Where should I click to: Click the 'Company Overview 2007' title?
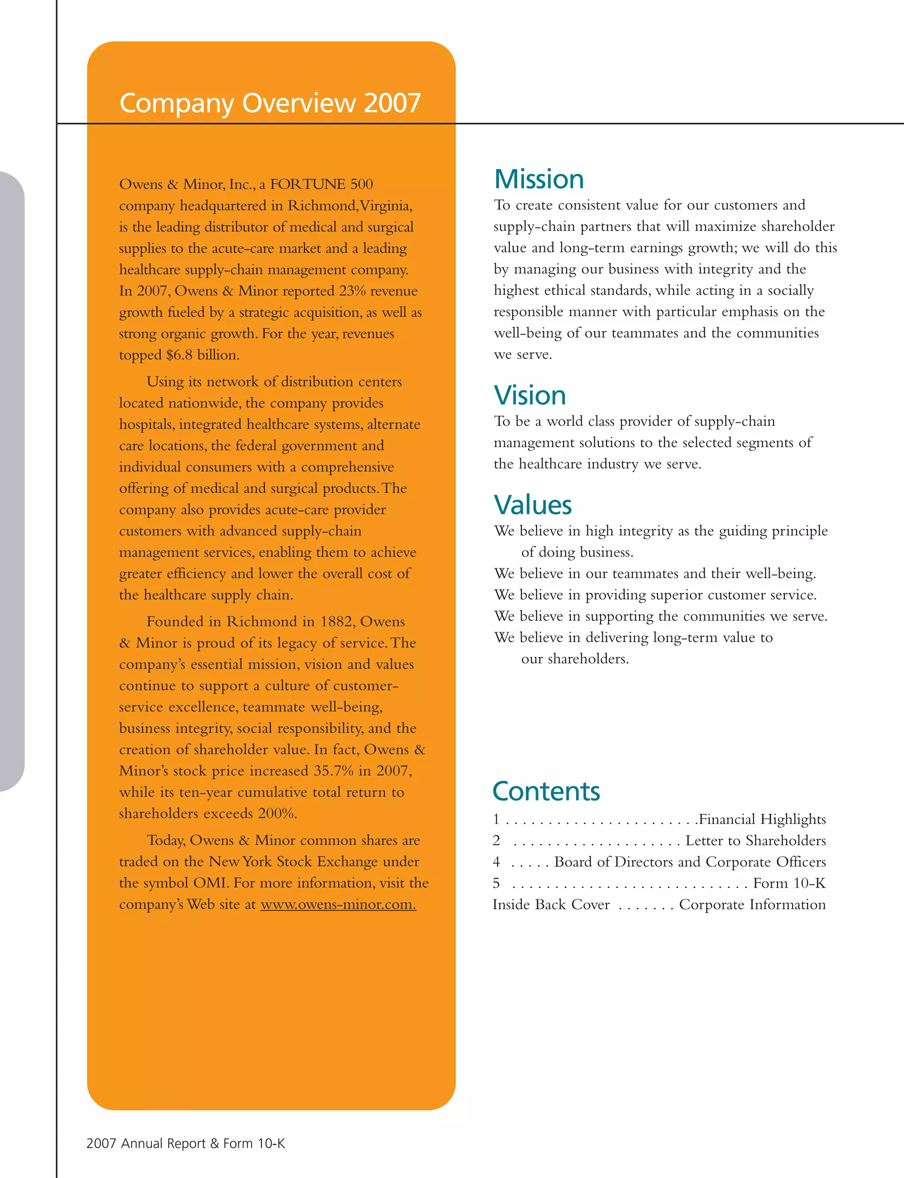pos(270,103)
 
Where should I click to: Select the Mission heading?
pos(539,179)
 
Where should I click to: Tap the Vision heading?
pos(530,395)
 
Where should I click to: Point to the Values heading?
pos(533,504)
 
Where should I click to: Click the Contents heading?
pos(546,791)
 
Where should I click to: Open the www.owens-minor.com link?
pos(338,904)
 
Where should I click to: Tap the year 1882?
pos(336,622)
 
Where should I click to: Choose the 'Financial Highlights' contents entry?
pos(762,819)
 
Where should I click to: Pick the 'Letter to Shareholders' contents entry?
pos(756,841)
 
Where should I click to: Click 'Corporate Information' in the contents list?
pos(752,905)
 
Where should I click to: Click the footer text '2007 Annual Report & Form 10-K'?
pos(186,1144)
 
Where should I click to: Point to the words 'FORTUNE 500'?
pos(321,184)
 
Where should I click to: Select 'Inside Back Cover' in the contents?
pos(551,905)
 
